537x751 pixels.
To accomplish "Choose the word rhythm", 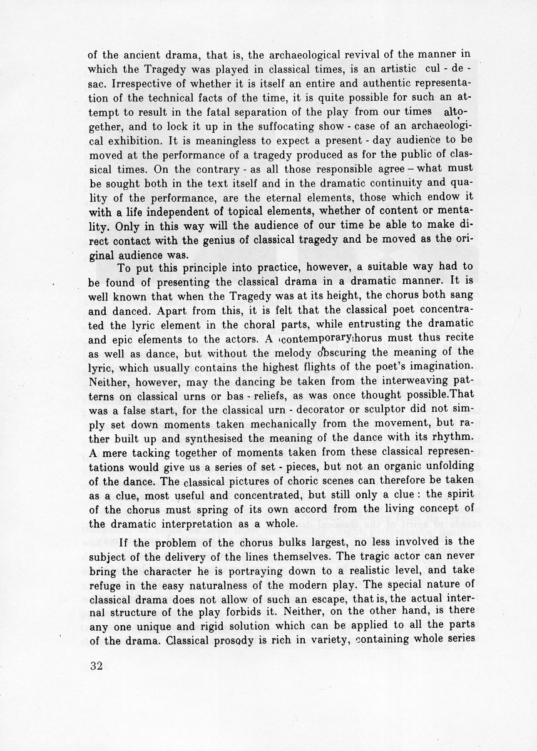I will click(x=429, y=449).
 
